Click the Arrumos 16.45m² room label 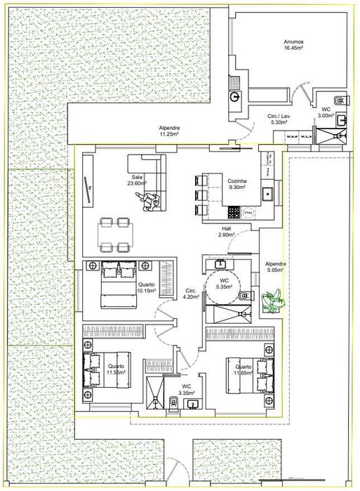tap(293, 44)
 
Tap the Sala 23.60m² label tap(136, 181)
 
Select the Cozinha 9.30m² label tap(236, 184)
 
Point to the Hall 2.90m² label tap(226, 231)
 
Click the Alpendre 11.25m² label tap(169, 131)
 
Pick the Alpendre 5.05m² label tap(274, 266)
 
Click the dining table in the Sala tap(114, 234)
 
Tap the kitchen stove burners tap(247, 209)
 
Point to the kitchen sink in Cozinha tap(267, 192)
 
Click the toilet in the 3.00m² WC tap(340, 100)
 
